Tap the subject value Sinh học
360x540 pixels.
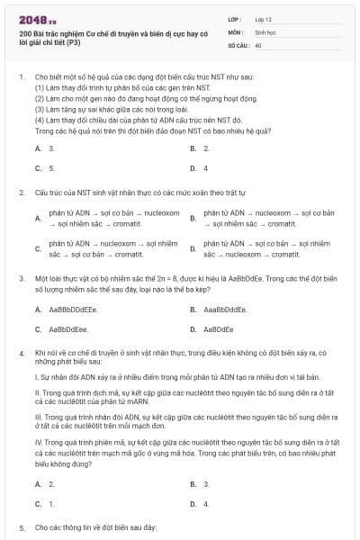tap(265, 31)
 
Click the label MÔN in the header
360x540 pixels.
tap(235, 31)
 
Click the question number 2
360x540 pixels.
tap(21, 193)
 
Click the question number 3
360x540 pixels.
tap(21, 279)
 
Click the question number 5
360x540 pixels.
tap(21, 527)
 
